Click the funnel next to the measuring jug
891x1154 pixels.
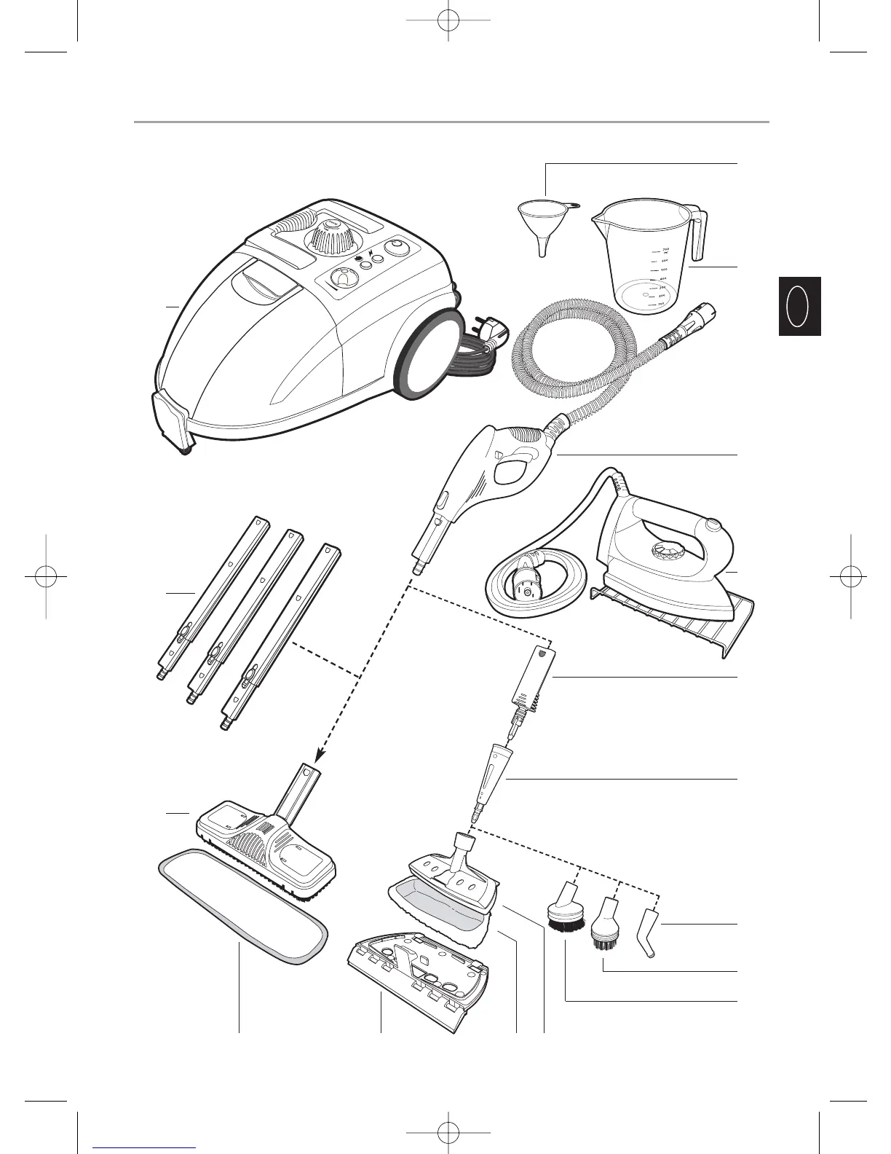542,222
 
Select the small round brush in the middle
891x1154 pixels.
603,925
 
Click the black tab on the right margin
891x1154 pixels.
799,306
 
